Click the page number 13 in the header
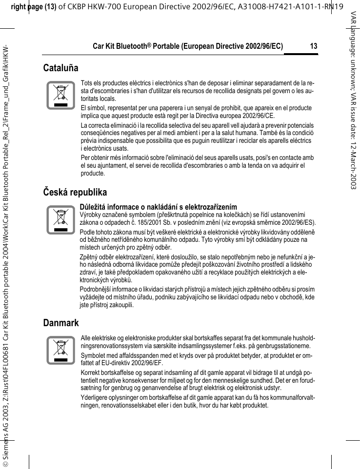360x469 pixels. click(x=313, y=46)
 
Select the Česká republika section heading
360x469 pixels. click(x=75, y=192)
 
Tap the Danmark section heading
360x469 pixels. click(x=60, y=323)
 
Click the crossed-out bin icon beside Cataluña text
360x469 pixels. click(x=60, y=96)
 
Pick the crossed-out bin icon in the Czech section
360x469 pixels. click(x=60, y=220)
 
